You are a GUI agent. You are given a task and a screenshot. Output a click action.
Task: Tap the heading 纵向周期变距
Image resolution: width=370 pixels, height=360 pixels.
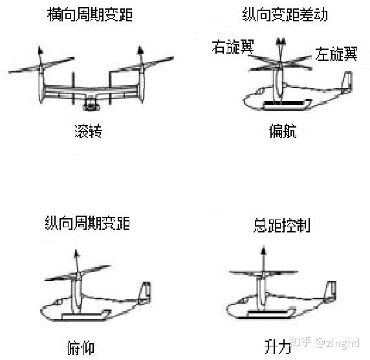coord(87,223)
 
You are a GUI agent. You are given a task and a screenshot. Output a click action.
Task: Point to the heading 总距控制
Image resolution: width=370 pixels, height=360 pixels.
coord(281,225)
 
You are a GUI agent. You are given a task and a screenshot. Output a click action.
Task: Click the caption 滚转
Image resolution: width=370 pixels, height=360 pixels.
coord(88,132)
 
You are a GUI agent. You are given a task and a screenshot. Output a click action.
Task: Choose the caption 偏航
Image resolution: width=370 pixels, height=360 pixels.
coord(283,132)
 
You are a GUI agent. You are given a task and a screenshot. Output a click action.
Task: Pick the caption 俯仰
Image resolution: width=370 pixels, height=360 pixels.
coord(80,347)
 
